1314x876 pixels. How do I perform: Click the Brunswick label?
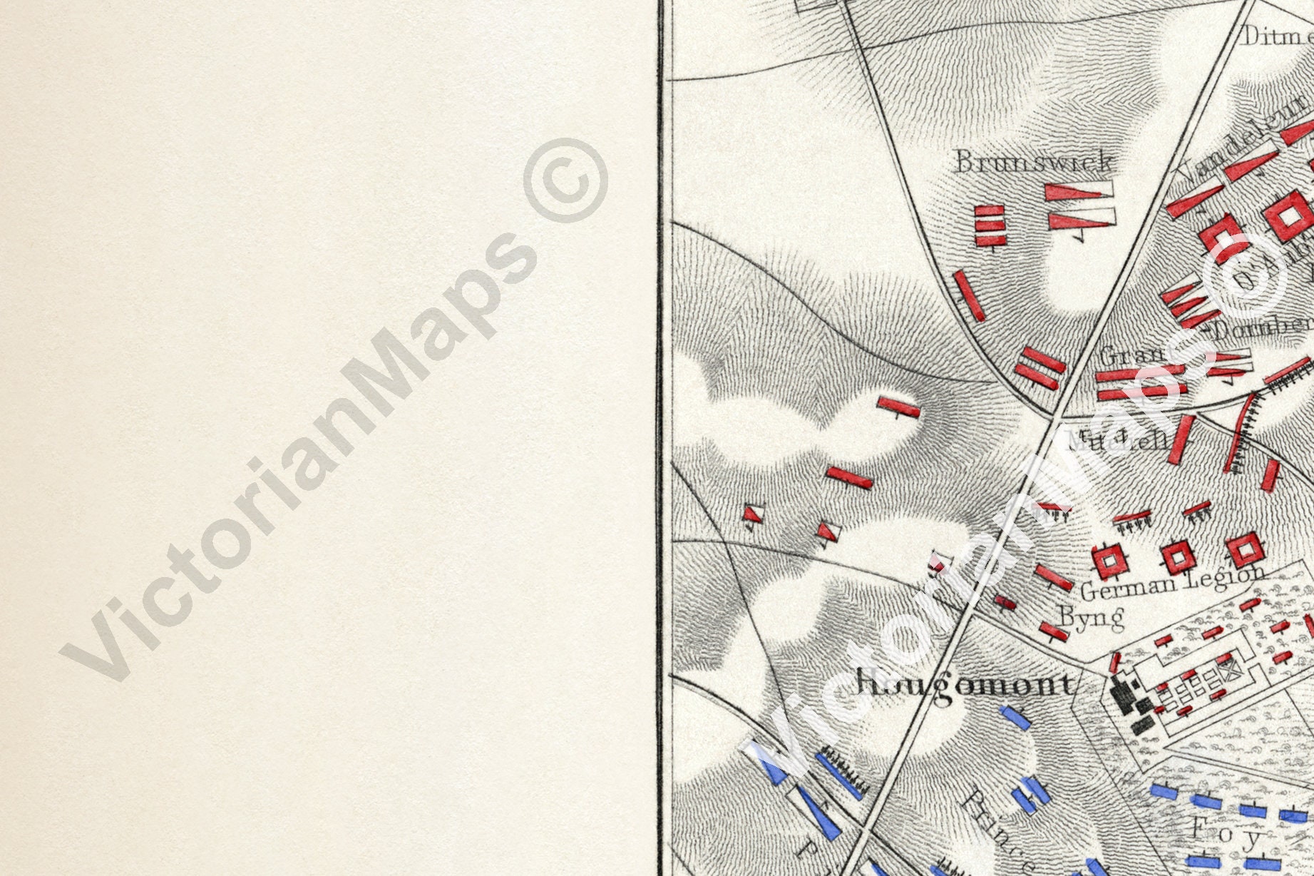(1033, 162)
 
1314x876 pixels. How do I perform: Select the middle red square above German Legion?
(1176, 556)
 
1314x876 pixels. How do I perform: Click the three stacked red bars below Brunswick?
(990, 225)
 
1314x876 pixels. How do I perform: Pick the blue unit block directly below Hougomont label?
(1015, 716)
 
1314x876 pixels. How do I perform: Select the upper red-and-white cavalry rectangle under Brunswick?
(1079, 192)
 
